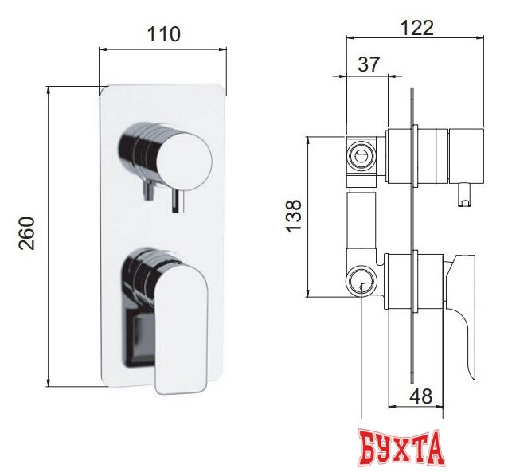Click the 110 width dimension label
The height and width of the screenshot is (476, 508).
point(163,34)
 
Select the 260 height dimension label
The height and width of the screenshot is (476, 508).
point(27,233)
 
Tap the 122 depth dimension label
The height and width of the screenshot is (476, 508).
point(417,28)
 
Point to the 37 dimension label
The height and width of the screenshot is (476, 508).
point(369,64)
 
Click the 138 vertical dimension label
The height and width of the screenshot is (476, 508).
point(294,216)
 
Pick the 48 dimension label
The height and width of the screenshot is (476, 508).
point(421,396)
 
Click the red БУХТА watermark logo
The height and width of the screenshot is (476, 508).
point(401,447)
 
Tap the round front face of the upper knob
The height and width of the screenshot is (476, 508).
point(185,161)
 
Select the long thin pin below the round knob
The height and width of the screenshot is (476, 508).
point(178,201)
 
